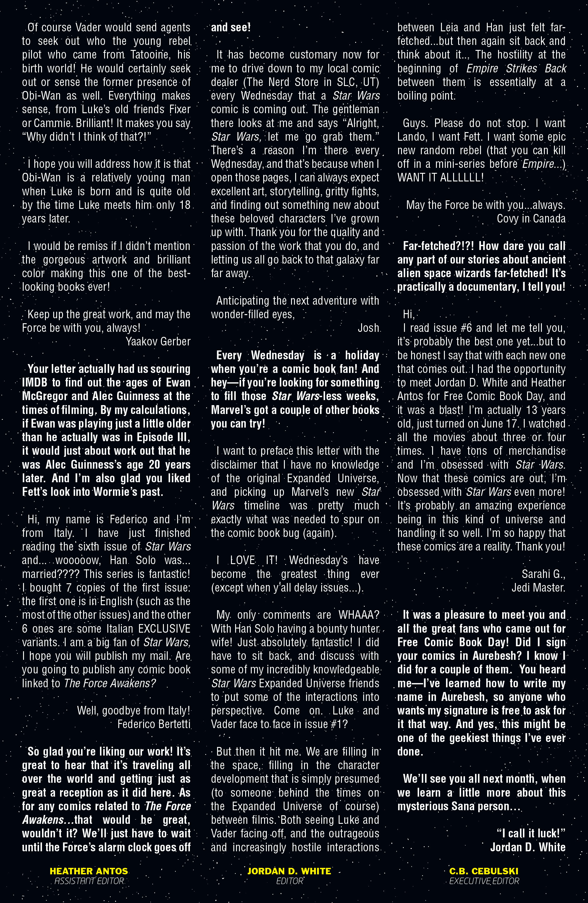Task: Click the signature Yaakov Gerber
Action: coord(158,342)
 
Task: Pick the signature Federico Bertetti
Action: coord(154,724)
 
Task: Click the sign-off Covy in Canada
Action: coord(531,219)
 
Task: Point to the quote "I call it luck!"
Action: coord(531,834)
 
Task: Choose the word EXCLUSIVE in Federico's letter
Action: coord(164,629)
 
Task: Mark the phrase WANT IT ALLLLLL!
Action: coord(441,178)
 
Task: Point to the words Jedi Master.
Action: coord(538,587)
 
